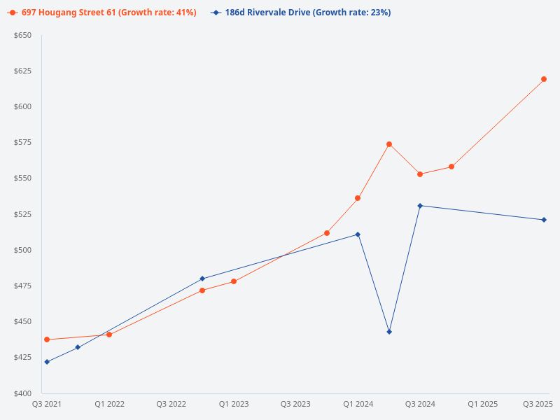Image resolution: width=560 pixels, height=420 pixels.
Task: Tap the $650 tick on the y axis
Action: click(x=22, y=35)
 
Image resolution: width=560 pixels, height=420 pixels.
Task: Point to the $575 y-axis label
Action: click(x=22, y=143)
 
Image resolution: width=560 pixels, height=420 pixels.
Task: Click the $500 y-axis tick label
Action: click(x=22, y=250)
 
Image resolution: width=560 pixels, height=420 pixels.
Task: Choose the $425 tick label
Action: click(x=22, y=358)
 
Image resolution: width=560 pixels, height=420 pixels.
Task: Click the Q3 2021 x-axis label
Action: click(x=47, y=404)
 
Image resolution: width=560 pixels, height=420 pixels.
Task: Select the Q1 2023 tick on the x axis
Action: click(x=234, y=404)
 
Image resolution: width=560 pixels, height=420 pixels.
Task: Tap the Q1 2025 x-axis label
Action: click(x=482, y=404)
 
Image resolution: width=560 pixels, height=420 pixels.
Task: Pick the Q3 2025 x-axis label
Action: click(x=538, y=404)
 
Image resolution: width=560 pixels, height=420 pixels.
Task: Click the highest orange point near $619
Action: click(x=544, y=79)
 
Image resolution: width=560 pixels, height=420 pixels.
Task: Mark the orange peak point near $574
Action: click(x=389, y=144)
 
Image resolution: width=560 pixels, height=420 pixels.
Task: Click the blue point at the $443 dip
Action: click(x=389, y=332)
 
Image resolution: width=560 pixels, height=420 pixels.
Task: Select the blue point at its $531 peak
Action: click(x=420, y=206)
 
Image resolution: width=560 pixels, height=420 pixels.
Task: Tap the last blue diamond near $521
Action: click(x=544, y=220)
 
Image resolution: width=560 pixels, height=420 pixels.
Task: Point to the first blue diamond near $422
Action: click(x=47, y=362)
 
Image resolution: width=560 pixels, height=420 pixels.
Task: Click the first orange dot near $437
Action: click(x=47, y=339)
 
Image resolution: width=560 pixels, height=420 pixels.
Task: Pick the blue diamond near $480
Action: click(x=202, y=279)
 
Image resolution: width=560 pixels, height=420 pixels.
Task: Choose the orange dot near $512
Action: click(x=327, y=233)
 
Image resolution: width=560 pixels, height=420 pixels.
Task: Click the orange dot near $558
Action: click(x=451, y=167)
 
